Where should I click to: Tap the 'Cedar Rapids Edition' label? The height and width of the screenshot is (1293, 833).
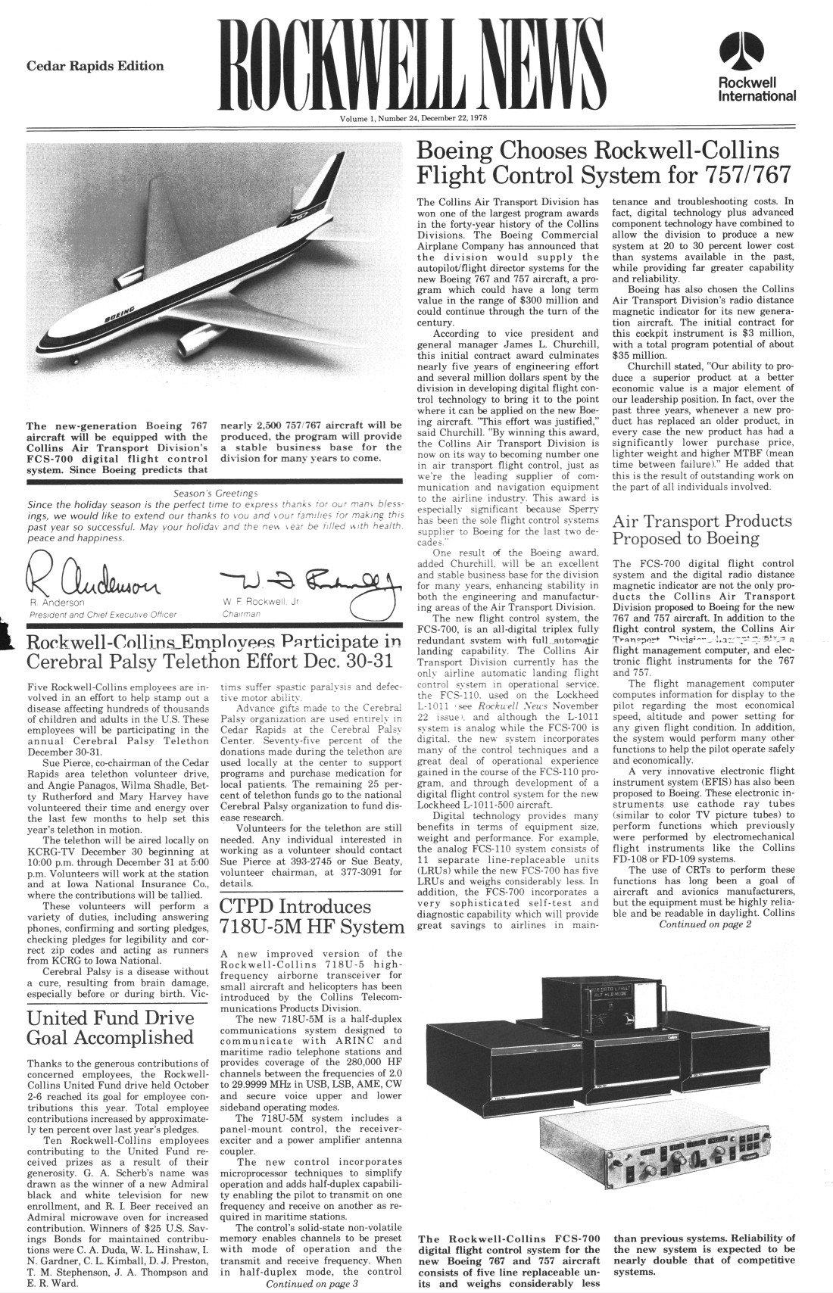95,66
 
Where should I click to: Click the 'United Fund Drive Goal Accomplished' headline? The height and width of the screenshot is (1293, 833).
111,1027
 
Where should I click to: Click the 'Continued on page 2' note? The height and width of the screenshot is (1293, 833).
705,924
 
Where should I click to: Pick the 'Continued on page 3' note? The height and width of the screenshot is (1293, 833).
311,1284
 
